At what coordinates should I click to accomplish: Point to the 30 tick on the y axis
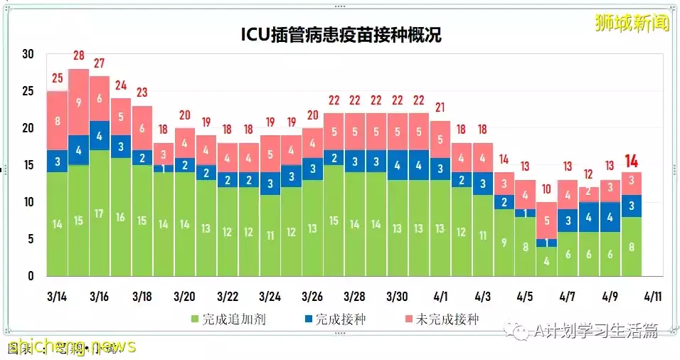click(x=28, y=55)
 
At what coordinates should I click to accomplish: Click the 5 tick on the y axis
click(x=31, y=239)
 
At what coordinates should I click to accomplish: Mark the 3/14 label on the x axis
click(x=58, y=295)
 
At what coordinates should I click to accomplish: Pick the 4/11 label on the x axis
click(x=652, y=295)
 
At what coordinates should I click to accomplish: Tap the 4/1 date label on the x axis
click(x=440, y=295)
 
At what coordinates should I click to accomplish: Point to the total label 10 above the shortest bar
click(x=547, y=190)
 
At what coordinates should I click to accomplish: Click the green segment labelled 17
click(x=100, y=213)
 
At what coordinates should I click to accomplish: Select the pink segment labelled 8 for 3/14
click(x=58, y=121)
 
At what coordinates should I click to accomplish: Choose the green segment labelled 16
click(x=121, y=217)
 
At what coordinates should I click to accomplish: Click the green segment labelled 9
click(x=504, y=242)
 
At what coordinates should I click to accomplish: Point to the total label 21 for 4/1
click(x=440, y=108)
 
